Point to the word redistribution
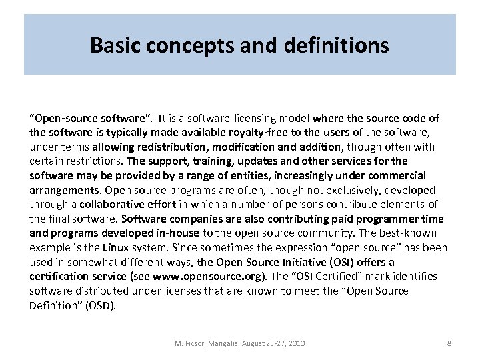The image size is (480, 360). pos(172,147)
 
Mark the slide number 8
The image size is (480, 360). pos(449,343)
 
